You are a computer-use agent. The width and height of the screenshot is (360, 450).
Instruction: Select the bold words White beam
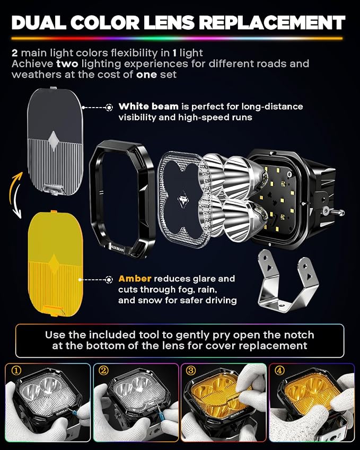pyautogui.click(x=148, y=107)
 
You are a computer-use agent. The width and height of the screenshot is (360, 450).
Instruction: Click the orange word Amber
pyautogui.click(x=135, y=279)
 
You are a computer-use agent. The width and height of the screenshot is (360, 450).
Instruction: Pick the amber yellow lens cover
pyautogui.click(x=56, y=263)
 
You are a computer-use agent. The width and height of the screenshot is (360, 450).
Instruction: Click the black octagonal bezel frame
pyautogui.click(x=122, y=198)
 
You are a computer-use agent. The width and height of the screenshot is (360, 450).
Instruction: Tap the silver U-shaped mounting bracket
pyautogui.click(x=288, y=281)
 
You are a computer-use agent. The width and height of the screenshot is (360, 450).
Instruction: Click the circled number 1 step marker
pyautogui.click(x=16, y=370)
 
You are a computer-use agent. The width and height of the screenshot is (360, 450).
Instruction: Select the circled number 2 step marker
pyautogui.click(x=103, y=370)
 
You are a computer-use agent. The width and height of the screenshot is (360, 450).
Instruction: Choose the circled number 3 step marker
pyautogui.click(x=191, y=370)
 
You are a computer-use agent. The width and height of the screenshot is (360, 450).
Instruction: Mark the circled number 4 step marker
pyautogui.click(x=279, y=370)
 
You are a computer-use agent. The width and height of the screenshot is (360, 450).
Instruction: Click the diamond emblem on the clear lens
pyautogui.click(x=54, y=140)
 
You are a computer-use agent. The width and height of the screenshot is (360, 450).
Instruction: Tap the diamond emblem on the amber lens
pyautogui.click(x=54, y=263)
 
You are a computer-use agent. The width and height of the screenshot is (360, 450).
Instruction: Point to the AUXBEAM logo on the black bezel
pyautogui.click(x=118, y=248)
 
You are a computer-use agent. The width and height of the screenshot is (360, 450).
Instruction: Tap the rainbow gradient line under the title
pyautogui.click(x=177, y=39)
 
